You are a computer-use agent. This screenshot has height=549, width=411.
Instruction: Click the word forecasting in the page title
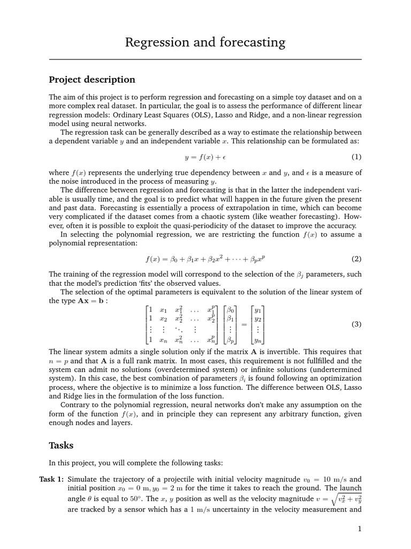[x=250, y=42]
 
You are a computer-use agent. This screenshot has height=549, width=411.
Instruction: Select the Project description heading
[x=92, y=80]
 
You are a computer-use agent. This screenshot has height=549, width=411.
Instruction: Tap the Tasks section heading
[x=61, y=445]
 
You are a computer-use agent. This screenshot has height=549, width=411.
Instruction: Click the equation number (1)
[x=356, y=157]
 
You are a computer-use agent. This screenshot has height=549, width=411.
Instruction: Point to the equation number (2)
[x=356, y=259]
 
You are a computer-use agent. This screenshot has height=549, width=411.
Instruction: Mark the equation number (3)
[x=356, y=324]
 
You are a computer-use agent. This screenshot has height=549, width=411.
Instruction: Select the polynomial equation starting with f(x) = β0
[x=205, y=259]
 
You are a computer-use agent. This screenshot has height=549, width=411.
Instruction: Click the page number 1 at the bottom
[x=360, y=529]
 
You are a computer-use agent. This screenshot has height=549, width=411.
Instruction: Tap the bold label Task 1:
[x=51, y=479]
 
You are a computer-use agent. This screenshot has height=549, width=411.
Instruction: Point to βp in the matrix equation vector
[x=230, y=340]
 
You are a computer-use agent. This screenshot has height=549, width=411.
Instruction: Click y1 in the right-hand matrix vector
[x=258, y=309]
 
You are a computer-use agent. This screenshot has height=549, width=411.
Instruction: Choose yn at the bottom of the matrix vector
[x=258, y=340]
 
